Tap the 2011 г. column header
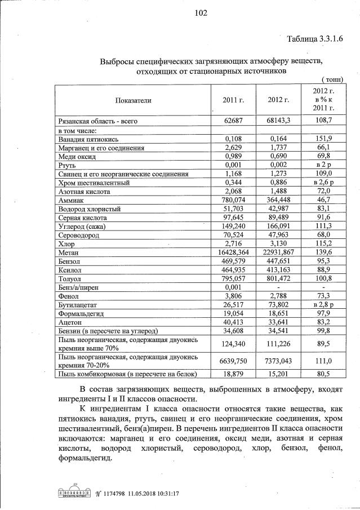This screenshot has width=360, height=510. pos(233,100)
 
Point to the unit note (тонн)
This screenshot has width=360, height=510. pos(332,80)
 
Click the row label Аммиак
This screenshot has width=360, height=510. pos(71,200)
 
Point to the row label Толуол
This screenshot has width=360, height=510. pos(70,277)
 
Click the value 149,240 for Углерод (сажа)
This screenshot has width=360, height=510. pos(233,226)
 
